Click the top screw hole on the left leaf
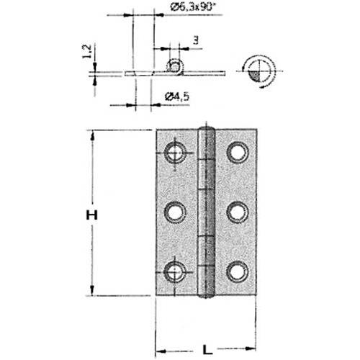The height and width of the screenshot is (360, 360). tap(174, 153)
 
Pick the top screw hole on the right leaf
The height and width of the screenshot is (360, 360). tap(237, 152)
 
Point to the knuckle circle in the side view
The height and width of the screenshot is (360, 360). tap(174, 66)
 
